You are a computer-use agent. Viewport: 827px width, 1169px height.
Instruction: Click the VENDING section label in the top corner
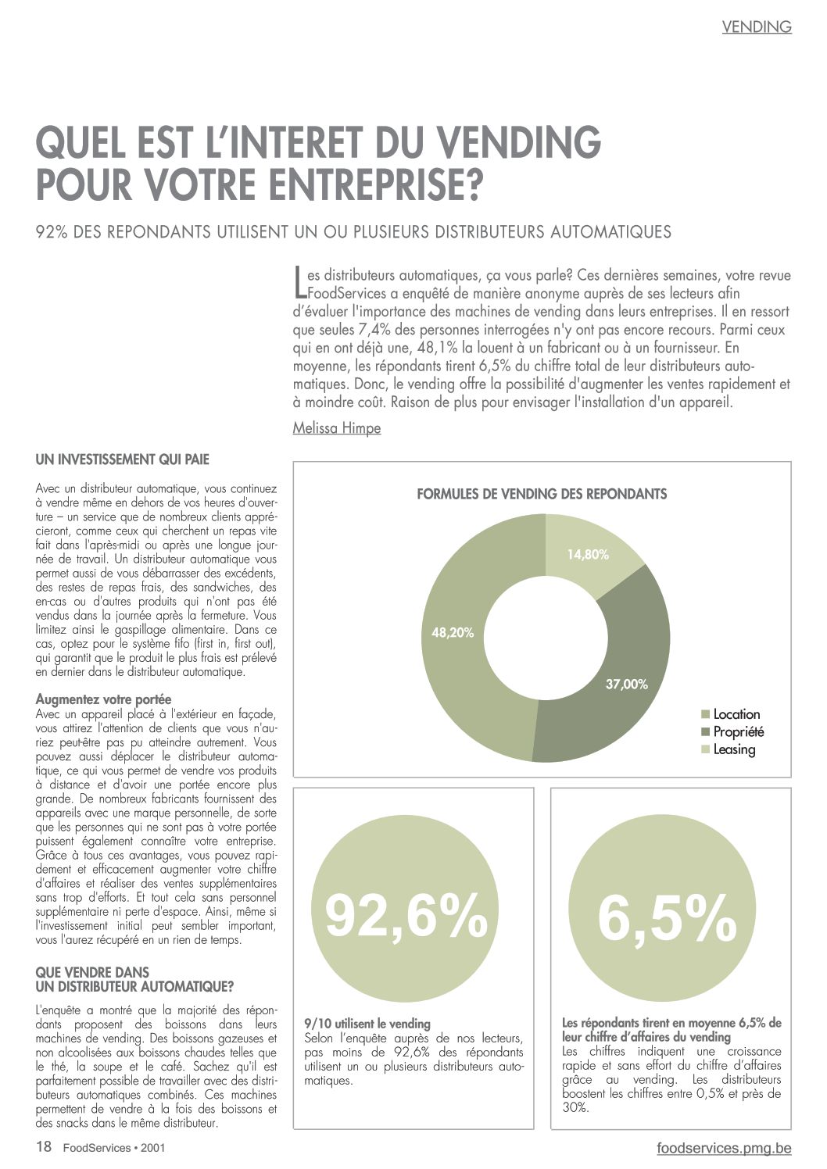coord(757,27)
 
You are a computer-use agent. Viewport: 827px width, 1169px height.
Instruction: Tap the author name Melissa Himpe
coord(337,428)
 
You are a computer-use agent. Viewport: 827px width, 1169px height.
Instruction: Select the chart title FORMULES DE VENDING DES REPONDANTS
coord(542,494)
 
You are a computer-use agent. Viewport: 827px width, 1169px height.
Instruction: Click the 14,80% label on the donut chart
coord(588,555)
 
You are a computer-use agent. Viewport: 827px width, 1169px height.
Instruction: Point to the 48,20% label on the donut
coord(453,633)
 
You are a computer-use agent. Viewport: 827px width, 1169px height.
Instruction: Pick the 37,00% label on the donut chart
coord(627,685)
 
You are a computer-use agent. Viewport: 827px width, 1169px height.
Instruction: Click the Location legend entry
coord(731,714)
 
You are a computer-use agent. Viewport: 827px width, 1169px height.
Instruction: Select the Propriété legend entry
coord(732,731)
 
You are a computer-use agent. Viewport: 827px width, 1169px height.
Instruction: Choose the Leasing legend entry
coord(729,749)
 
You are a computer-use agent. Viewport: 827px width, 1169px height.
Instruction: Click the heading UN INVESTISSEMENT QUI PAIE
coord(122,459)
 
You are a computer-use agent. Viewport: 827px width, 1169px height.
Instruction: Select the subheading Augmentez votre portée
coord(103,699)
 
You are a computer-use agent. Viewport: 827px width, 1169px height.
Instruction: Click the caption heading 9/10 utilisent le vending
coord(367,1024)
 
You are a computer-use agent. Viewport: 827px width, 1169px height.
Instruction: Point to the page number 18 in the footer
coord(44,1146)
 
